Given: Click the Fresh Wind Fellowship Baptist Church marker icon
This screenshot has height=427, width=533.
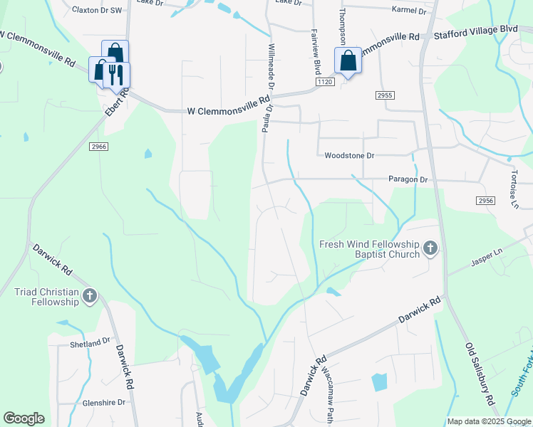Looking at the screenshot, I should (430, 248).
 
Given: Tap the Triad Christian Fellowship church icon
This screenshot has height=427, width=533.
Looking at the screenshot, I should (89, 297).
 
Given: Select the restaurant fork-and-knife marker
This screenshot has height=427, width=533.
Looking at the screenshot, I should (116, 75).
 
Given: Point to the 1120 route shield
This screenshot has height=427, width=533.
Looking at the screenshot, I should (325, 83).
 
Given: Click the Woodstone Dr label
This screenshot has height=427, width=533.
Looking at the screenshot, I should (348, 155).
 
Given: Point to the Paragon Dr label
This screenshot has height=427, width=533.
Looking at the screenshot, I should (408, 180).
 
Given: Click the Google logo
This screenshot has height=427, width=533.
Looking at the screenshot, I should (24, 418).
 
